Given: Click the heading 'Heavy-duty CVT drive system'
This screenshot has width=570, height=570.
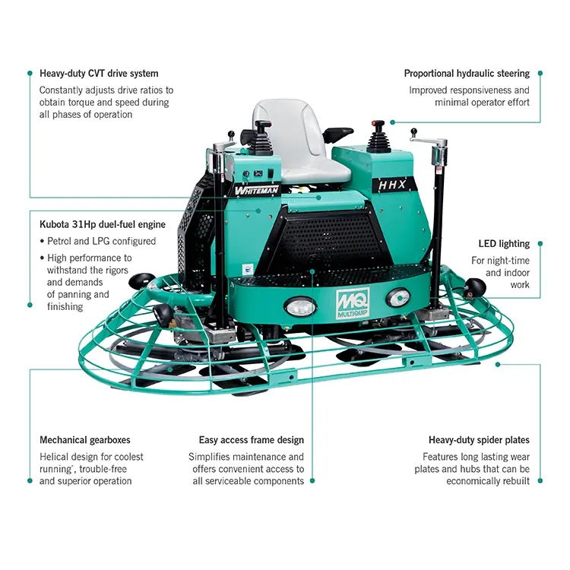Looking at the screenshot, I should pos(99,74).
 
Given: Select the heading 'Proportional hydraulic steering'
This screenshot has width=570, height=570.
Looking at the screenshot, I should pos(467,74).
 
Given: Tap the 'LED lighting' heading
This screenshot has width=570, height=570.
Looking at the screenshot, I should pos(504,244).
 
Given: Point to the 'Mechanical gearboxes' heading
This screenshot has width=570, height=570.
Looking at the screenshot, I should pos(85,440).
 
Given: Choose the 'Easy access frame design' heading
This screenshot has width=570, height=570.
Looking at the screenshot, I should pos(252,440).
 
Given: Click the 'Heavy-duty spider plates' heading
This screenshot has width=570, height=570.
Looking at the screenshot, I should pos(479,440).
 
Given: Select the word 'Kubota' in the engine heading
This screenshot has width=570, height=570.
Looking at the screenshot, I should pos(55,225).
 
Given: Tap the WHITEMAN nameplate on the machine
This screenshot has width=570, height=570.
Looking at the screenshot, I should pos(257,190).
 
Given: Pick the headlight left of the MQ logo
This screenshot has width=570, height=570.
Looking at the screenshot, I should pos(299,306).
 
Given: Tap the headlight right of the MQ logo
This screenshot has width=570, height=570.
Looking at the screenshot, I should pos(397,297).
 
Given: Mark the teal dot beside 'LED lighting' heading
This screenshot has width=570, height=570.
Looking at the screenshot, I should pos(540,244).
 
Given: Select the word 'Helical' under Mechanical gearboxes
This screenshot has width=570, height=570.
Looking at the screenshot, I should pos(55,457).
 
